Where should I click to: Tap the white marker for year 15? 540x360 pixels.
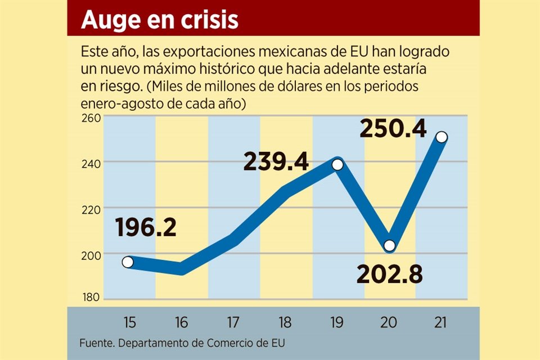(x=128, y=262)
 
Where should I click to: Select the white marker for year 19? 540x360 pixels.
(x=337, y=165)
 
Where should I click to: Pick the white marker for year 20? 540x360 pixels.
(x=389, y=245)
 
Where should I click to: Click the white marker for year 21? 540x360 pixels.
(x=442, y=137)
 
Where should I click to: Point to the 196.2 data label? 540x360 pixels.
(x=146, y=227)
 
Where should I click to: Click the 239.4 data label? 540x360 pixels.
(x=276, y=162)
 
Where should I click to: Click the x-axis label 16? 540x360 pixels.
(x=181, y=322)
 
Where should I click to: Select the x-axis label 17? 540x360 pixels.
(x=233, y=322)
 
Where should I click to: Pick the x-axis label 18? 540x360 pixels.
(x=285, y=322)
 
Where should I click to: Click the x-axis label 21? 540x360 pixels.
(x=441, y=322)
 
